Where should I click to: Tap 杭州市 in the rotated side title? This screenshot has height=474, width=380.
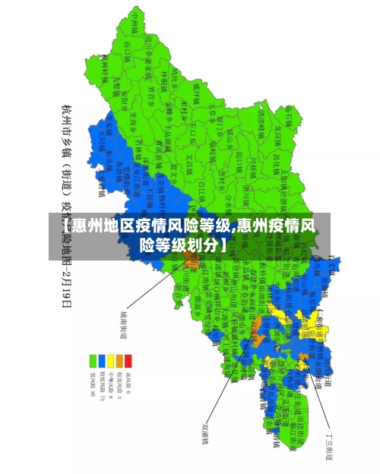67,115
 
